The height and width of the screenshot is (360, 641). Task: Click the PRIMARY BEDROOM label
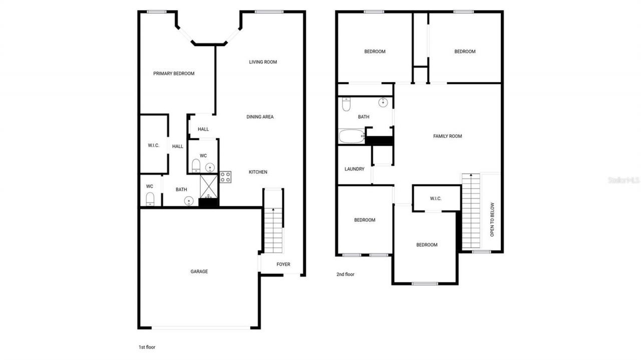click(174, 74)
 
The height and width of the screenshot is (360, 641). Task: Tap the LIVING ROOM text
click(263, 62)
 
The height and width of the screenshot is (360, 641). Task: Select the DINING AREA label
click(260, 117)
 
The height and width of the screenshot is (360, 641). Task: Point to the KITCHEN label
click(258, 172)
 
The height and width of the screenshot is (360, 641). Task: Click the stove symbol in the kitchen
click(225, 177)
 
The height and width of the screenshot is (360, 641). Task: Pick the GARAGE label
click(199, 272)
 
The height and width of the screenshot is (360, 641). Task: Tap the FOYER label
click(283, 264)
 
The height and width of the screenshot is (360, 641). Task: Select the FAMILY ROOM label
click(447, 136)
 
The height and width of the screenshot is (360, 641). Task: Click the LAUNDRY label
click(354, 169)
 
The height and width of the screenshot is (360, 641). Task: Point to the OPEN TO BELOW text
click(492, 219)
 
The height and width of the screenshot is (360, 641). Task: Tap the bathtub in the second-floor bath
click(351, 136)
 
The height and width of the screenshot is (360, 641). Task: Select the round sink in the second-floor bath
click(383, 103)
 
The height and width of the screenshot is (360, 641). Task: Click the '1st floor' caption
click(147, 347)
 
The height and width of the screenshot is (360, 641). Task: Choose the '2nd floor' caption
click(346, 274)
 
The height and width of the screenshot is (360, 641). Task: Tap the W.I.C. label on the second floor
click(436, 199)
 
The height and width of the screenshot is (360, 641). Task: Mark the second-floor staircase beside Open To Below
click(470, 210)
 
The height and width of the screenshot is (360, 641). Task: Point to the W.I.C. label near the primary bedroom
click(153, 146)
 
